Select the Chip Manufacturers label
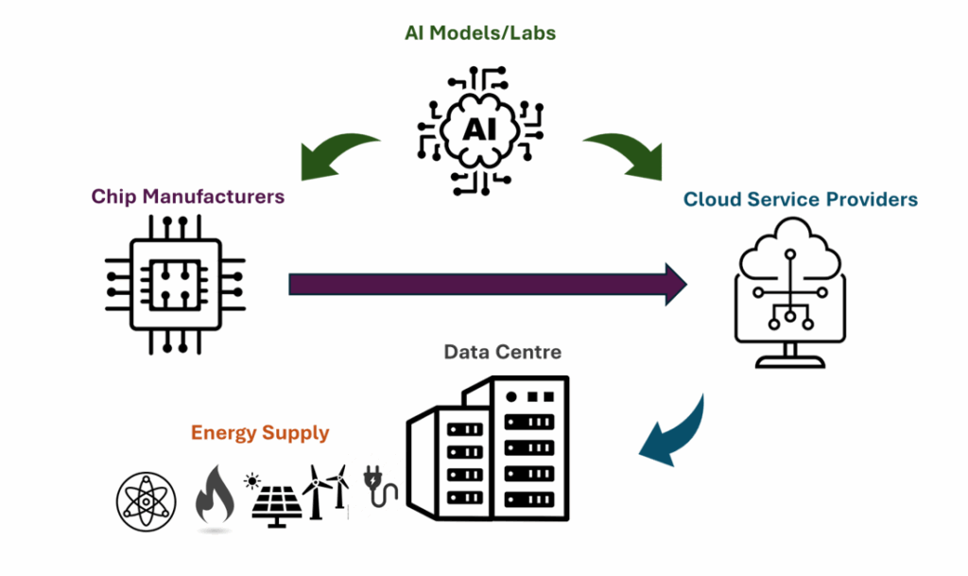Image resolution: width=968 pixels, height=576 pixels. tap(188, 197)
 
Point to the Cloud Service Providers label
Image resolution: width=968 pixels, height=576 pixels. tap(801, 200)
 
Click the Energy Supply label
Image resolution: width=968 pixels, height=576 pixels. tap(260, 433)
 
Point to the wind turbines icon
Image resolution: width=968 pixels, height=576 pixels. tap(324, 490)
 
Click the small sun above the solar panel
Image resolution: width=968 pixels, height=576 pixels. tap(251, 480)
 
